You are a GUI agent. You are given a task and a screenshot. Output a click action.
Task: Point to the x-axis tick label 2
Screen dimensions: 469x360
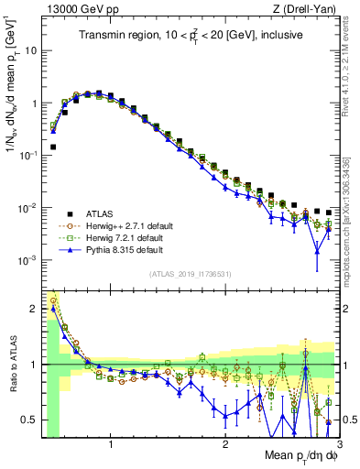(225, 444)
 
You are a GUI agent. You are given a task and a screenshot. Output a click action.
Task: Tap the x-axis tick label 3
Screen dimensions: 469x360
(339, 444)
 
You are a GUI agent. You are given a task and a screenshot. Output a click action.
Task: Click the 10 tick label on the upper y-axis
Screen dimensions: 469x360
(28, 50)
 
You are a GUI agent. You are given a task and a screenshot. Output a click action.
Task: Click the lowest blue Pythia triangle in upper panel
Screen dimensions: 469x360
(317, 251)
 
